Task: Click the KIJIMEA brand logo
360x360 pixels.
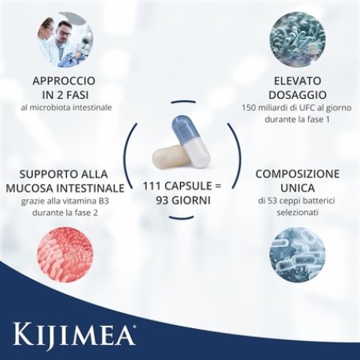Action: (x=71, y=329)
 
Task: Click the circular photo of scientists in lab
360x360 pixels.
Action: (x=65, y=39)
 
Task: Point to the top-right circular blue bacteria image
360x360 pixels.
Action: (x=295, y=39)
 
